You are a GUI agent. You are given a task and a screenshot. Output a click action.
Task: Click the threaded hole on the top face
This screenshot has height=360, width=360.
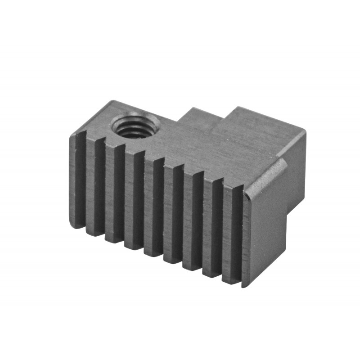[135, 125]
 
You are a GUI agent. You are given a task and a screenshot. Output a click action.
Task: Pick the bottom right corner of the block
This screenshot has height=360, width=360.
[245, 285]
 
